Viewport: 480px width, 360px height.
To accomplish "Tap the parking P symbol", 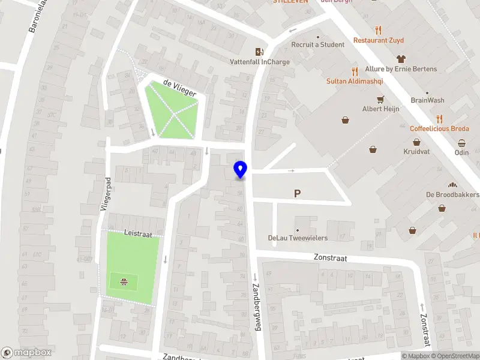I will coord(296,193).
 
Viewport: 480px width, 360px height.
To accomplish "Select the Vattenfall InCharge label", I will coord(260,61).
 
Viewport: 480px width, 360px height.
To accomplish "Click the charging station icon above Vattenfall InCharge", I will coord(259,52).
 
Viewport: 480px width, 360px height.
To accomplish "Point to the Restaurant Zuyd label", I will coord(378,40).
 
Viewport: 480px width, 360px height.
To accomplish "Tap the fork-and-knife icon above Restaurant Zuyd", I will coord(378,30).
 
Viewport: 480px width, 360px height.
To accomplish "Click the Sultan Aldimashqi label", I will coord(355,81).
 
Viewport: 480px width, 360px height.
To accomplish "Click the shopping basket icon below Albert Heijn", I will coord(346,120).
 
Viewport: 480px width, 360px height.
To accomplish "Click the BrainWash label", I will coord(427,100).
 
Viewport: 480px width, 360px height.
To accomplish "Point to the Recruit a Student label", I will coord(317,44).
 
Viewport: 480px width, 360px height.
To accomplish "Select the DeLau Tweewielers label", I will coord(298,238).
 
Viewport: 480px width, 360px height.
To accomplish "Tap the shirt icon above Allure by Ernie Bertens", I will coord(401,59).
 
